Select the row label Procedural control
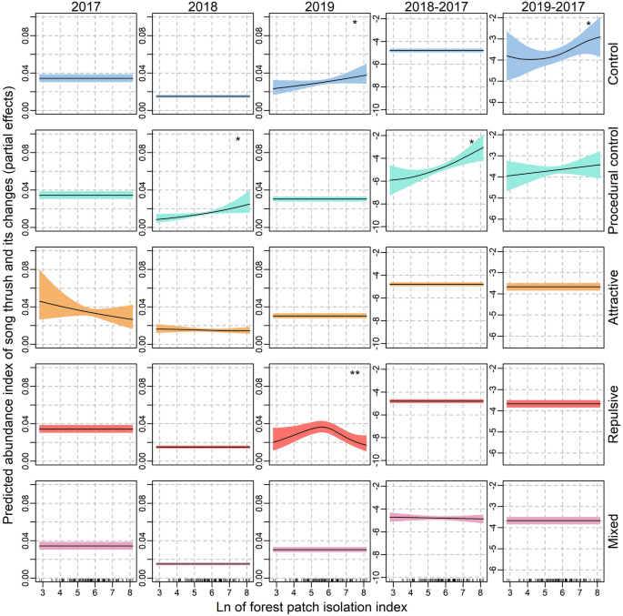(x=614, y=180)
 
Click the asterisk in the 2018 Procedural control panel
(x=237, y=140)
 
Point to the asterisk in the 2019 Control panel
(x=355, y=24)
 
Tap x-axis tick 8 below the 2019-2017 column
(x=597, y=589)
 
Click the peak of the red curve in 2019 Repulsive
(x=322, y=426)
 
